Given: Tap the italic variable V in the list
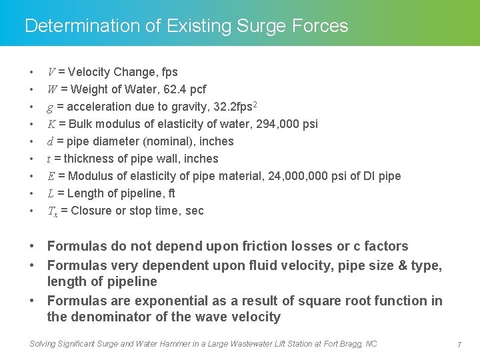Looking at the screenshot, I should coord(51,72).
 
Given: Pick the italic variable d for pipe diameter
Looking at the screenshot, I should coord(51,141).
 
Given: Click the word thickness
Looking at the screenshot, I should coord(90,159).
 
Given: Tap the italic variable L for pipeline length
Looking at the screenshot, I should coord(51,193).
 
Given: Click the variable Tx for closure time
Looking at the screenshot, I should coord(52,211).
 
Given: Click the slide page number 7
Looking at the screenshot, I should coord(459,344).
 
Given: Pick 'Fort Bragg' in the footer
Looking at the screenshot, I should coord(341,344).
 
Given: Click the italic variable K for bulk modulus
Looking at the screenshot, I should coord(51,124).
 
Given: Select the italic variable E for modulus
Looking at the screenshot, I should coord(51,176).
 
